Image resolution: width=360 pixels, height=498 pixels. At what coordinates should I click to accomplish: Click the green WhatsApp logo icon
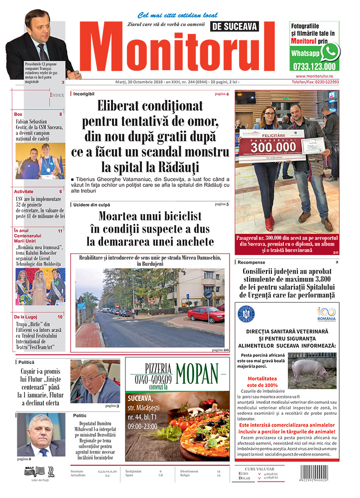(x=330, y=52)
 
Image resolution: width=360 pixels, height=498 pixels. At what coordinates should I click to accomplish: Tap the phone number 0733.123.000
(x=314, y=66)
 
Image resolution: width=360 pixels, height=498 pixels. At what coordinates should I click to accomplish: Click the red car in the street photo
(x=206, y=314)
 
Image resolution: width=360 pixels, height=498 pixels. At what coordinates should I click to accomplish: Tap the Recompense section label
(x=251, y=262)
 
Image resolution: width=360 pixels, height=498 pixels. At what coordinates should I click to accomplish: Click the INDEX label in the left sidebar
(x=57, y=95)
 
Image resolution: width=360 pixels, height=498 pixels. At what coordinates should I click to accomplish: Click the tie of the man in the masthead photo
(x=44, y=52)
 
